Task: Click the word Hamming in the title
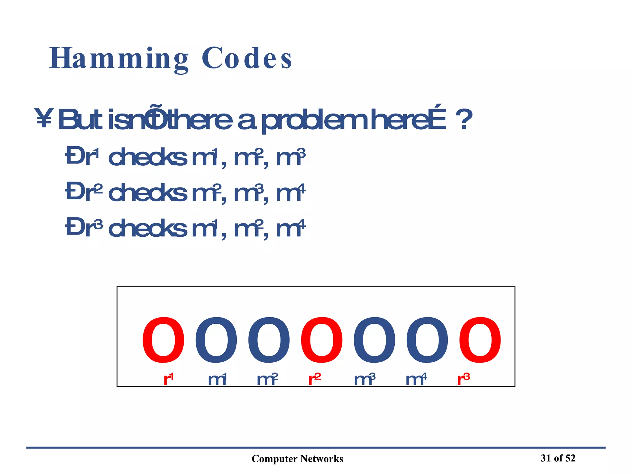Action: tap(119, 59)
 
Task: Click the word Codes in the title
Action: tap(247, 59)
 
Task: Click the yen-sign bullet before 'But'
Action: tap(44, 118)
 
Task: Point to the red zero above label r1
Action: tap(163, 340)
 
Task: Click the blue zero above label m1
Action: tap(216, 340)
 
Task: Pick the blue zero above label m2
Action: tap(269, 340)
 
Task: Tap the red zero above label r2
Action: tap(322, 340)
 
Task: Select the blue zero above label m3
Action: tap(375, 340)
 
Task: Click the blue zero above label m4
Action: tap(427, 340)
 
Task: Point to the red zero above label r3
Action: tap(480, 340)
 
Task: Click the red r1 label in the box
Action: tap(168, 379)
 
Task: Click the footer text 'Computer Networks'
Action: tap(297, 459)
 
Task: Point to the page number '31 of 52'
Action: tap(558, 458)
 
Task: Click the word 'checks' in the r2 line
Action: tap(148, 192)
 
